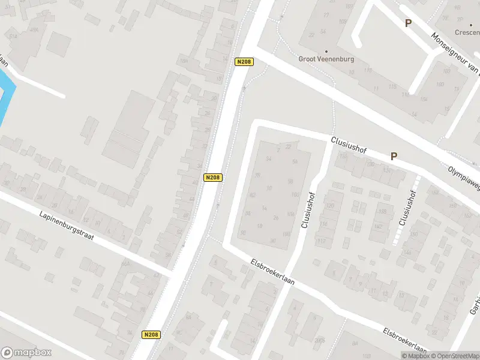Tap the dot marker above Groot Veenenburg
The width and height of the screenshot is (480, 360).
pyautogui.click(x=326, y=51)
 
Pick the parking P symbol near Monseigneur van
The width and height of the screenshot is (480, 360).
pyautogui.click(x=408, y=23)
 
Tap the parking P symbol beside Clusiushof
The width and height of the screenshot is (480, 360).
pyautogui.click(x=394, y=156)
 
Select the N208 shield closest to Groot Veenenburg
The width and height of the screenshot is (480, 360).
pyautogui.click(x=244, y=61)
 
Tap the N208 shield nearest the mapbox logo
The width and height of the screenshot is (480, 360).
pyautogui.click(x=151, y=335)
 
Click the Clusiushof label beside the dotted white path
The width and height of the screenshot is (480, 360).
pyautogui.click(x=407, y=208)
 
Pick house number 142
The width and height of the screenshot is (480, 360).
pyautogui.click(x=377, y=226)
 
